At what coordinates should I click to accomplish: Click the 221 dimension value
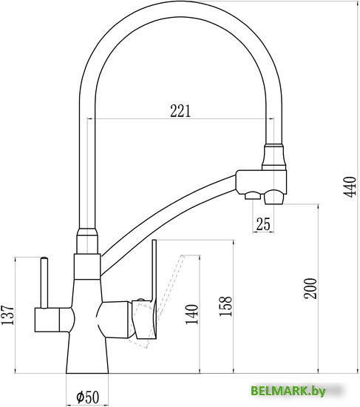point(180,111)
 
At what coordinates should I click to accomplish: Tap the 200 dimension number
point(311,289)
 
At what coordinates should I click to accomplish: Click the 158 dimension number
point(226,304)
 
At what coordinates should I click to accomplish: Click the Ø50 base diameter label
point(89,397)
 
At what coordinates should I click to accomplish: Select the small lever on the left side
point(43,281)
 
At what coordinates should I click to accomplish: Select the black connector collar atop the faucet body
point(86,242)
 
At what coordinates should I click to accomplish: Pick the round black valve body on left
point(53,320)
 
